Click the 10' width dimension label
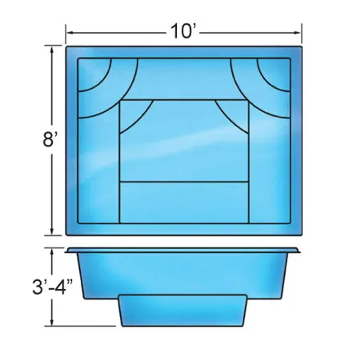[183, 31]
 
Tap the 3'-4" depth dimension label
[53, 287]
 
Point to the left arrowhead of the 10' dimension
[70, 33]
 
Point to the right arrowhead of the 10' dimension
[298, 33]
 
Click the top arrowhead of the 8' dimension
[52, 49]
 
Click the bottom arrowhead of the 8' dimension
[52, 231]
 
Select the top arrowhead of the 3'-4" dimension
[52, 251]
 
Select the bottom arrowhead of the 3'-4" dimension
[52, 322]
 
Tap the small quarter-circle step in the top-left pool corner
[92, 72]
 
